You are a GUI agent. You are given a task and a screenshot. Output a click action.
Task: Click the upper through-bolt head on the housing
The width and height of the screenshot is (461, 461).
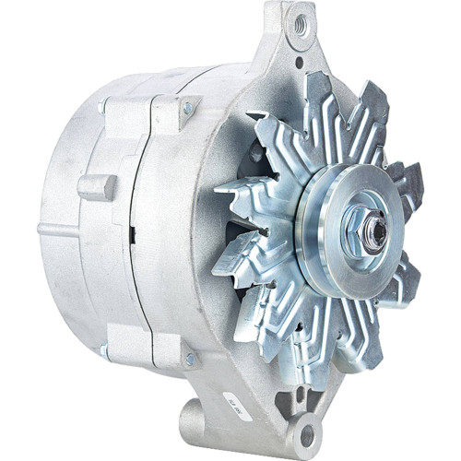coord(189,109)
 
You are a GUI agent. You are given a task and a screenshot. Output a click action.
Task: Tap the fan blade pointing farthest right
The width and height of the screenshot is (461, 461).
coord(410,180)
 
